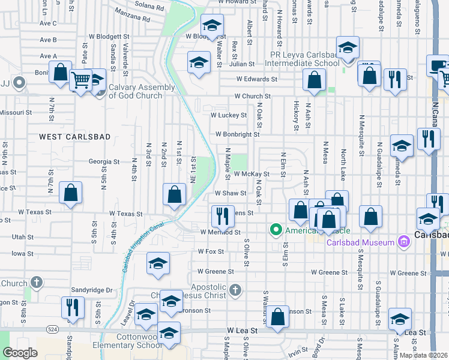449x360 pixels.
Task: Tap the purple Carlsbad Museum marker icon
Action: tap(403, 242)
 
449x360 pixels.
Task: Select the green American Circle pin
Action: tap(276, 229)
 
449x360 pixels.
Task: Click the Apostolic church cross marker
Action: tap(235, 290)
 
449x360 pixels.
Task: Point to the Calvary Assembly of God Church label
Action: tap(142, 91)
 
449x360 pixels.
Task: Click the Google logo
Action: tap(20, 353)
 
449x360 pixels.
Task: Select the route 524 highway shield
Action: tap(52, 330)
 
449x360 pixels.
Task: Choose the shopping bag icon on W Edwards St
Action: tap(314, 78)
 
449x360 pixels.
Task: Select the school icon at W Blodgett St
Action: tap(211, 25)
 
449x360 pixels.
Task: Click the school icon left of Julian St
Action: tap(199, 61)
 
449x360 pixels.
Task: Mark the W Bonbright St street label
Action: tap(233, 134)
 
